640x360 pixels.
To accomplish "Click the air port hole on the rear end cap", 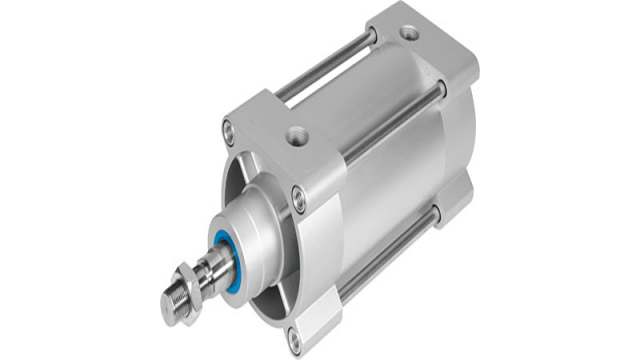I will coord(408,34).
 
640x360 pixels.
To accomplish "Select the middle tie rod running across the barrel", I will coord(390,121).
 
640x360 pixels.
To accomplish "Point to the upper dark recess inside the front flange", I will coord(240,170).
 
